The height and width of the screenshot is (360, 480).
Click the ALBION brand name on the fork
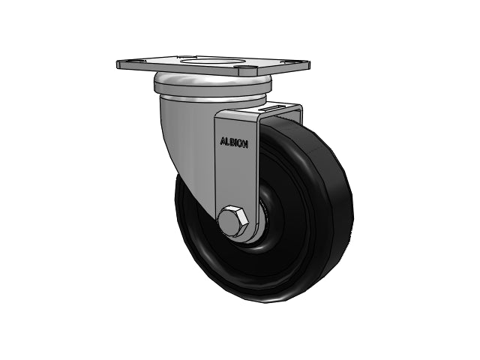[234, 142]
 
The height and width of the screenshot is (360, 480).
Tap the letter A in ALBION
[223, 141]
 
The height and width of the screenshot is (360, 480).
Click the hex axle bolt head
[232, 223]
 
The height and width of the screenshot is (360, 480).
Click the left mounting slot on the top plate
[136, 61]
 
